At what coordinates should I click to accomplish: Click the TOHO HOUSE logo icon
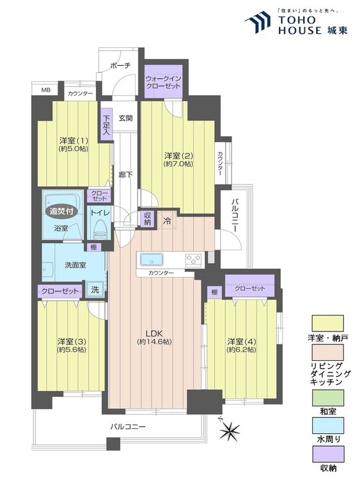(258, 21)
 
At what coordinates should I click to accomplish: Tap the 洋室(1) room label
(74, 141)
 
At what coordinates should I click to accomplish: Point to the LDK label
(154, 333)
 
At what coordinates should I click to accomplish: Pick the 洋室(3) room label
(72, 341)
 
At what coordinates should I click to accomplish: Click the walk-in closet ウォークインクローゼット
(163, 81)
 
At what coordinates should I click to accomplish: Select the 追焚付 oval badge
(61, 211)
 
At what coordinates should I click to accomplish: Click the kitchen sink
(152, 260)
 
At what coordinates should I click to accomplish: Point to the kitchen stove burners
(193, 260)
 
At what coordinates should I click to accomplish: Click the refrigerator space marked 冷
(167, 220)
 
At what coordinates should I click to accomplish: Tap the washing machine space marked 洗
(95, 289)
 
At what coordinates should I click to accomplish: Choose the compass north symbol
(230, 429)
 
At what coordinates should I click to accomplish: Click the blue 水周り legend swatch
(327, 426)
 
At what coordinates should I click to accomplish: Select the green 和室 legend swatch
(327, 397)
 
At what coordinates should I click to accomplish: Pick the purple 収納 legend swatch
(327, 454)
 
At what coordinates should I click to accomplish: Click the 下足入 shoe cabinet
(106, 125)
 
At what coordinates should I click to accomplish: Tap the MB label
(45, 90)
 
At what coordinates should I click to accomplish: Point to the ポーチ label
(120, 65)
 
